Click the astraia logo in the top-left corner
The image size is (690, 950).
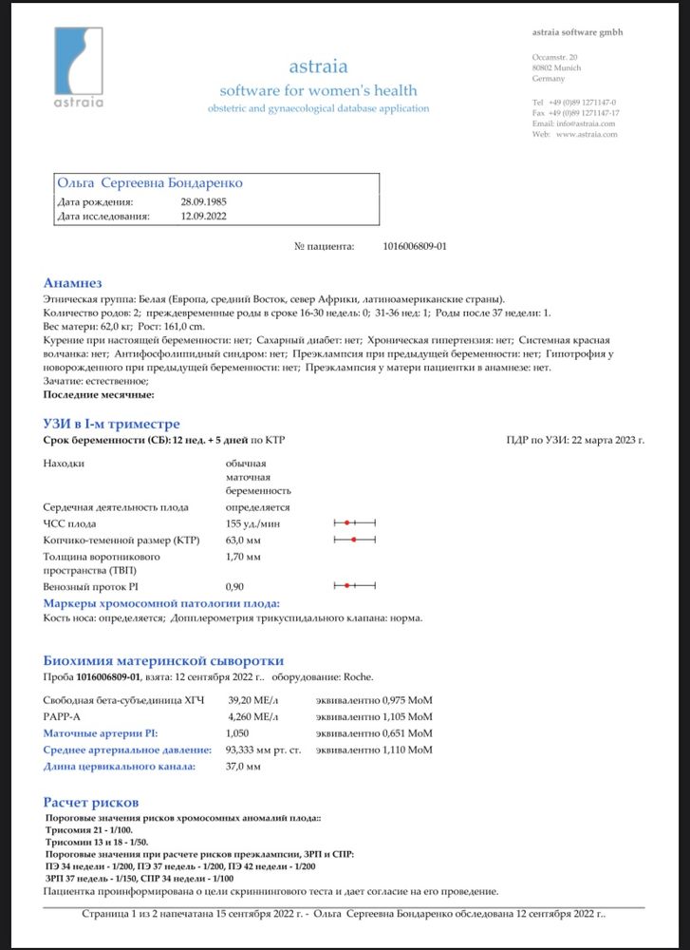pos(78,67)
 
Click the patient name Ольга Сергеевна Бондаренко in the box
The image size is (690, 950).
pos(150,182)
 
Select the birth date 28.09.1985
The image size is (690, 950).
pos(203,202)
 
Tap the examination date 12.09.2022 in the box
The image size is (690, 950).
pos(203,217)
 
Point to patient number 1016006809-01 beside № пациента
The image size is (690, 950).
pos(415,246)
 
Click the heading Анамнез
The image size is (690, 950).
pos(72,283)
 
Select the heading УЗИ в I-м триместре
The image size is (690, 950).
pos(112,424)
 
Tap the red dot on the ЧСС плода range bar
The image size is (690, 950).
pos(347,523)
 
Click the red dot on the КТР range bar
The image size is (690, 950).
pos(353,540)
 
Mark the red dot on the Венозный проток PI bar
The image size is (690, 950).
pos(347,586)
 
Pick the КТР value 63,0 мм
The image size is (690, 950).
pos(244,540)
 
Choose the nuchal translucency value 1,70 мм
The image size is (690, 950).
pos(243,556)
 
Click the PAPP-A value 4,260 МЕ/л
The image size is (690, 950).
pos(255,716)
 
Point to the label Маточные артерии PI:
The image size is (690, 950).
pos(101,733)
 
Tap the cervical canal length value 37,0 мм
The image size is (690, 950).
pos(243,766)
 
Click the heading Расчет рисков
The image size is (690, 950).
pos(92,802)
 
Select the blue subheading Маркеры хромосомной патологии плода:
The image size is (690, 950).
pos(161,603)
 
